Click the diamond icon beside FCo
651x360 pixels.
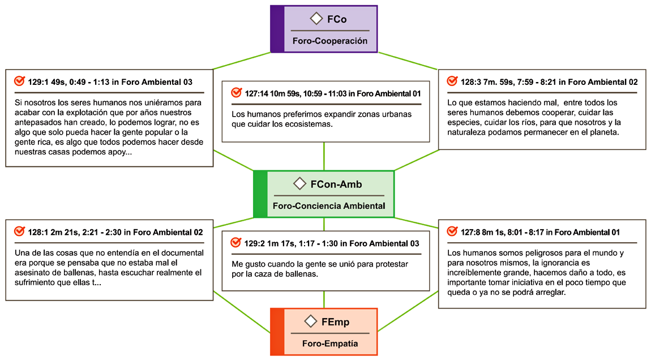tap(316, 19)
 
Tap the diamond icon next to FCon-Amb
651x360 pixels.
tap(300, 183)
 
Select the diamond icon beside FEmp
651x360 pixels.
tap(310, 322)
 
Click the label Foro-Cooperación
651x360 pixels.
tap(330, 41)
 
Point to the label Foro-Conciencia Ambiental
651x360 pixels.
tap(329, 205)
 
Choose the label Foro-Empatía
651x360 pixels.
tap(330, 344)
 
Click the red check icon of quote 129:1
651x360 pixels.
tap(19, 82)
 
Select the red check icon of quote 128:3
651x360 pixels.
tap(452, 82)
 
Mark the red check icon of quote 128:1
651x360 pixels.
tap(19, 232)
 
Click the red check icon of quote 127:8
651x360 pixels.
tap(452, 232)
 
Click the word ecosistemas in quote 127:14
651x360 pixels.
tap(307, 124)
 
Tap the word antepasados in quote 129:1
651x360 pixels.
tap(36, 122)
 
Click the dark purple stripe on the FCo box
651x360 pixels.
tap(277, 29)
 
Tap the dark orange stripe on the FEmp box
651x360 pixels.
tap(277, 331)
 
